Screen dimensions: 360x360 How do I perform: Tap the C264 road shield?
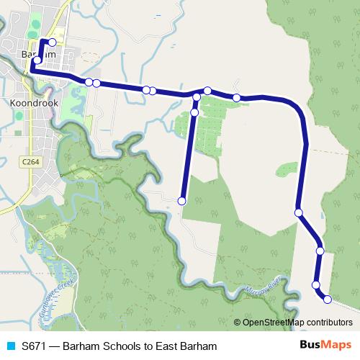click(x=30, y=163)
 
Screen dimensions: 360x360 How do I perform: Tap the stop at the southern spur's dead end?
click(x=182, y=201)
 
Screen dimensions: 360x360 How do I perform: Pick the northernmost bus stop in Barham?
click(x=52, y=42)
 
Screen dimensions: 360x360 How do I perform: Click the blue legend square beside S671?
click(x=10, y=346)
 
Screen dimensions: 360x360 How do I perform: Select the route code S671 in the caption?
click(x=35, y=346)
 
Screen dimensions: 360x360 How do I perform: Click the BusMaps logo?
click(x=325, y=346)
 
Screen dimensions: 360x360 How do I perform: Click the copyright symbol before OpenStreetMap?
click(x=237, y=323)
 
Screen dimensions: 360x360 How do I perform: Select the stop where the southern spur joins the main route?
click(x=197, y=96)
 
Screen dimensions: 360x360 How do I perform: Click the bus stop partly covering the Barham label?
click(x=37, y=60)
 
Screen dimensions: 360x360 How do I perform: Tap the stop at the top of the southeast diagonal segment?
click(x=298, y=212)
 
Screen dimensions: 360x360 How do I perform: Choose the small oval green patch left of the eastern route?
click(x=287, y=169)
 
